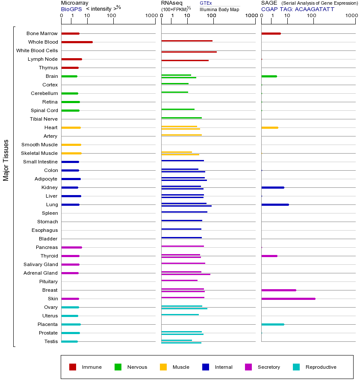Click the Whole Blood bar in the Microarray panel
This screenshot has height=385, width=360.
(77, 42)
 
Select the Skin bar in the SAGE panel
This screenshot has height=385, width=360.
(288, 299)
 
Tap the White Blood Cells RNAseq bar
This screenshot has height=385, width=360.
(189, 52)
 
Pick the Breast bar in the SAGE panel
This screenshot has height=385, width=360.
(278, 290)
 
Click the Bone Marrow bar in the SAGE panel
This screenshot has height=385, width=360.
(271, 33)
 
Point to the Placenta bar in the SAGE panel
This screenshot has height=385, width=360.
(272, 324)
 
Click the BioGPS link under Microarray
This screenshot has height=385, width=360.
(71, 9)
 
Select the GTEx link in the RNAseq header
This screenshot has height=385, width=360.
(206, 3)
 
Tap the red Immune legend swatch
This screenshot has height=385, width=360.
(73, 367)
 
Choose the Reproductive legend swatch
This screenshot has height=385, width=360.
(296, 367)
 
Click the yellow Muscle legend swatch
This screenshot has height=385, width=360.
(163, 367)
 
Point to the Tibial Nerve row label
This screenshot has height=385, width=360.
(44, 119)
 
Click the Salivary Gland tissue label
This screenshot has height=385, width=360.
(41, 264)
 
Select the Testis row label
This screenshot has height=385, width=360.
(51, 341)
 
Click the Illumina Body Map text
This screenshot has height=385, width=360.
(219, 9)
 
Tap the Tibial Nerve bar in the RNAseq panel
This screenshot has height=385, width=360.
(181, 118)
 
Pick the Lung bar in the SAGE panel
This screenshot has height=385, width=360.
(275, 204)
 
